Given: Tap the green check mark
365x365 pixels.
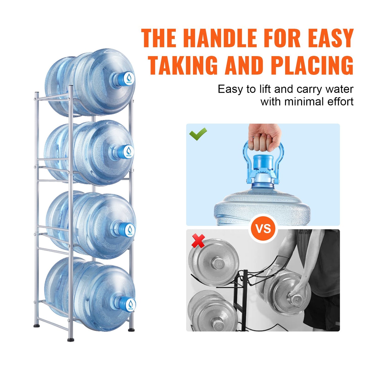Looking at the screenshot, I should [x=198, y=134].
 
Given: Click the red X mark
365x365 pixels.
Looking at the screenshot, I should [x=198, y=241].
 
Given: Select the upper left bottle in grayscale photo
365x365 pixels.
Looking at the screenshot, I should [x=214, y=262].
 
